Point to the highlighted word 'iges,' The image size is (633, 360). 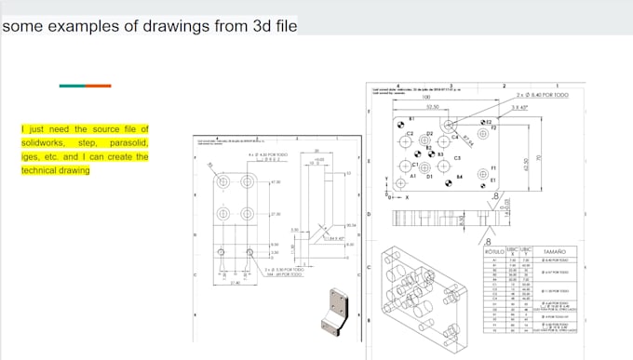[30, 157]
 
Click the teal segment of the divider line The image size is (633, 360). [72, 86]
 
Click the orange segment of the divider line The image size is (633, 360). [99, 86]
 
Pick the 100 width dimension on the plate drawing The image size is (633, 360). [425, 98]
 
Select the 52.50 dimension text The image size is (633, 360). [434, 107]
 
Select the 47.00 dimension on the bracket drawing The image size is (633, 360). [276, 182]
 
